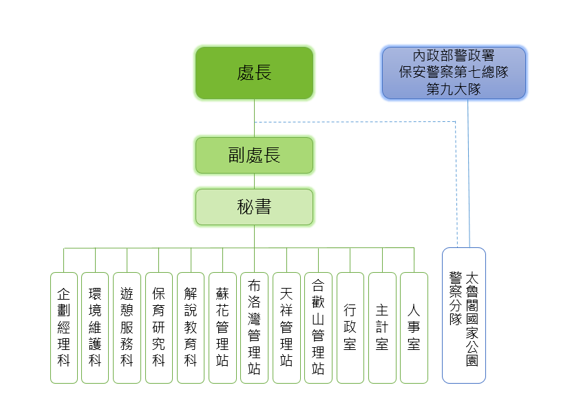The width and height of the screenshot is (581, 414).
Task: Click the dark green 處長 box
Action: (x=254, y=72)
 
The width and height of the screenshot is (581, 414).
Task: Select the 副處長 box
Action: (x=254, y=155)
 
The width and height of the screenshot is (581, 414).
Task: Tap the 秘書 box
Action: (x=254, y=207)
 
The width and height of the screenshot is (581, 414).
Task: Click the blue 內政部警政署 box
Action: (x=454, y=72)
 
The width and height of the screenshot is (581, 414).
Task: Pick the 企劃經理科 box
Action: (x=64, y=328)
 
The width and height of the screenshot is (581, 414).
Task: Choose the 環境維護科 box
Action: (x=95, y=328)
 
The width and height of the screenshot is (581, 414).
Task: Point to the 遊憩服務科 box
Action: (x=127, y=328)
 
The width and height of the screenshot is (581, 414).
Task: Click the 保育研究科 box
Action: (x=159, y=328)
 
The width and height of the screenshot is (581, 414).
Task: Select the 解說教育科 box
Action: (x=191, y=328)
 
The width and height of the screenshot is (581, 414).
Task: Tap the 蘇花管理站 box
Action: (x=222, y=328)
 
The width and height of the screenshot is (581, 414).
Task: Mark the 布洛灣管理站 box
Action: (x=254, y=328)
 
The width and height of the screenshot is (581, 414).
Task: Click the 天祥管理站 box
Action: (x=286, y=328)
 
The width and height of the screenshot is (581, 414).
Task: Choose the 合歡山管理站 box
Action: (x=318, y=328)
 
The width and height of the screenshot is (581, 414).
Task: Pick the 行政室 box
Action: (x=350, y=328)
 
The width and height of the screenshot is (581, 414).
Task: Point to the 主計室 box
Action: (x=382, y=328)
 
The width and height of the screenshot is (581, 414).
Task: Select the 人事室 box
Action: (x=414, y=328)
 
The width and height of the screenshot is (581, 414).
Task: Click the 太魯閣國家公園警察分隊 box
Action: (x=464, y=315)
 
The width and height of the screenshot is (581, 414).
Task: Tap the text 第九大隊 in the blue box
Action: (x=454, y=89)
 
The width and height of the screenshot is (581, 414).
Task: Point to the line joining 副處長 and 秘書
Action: (x=254, y=180)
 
